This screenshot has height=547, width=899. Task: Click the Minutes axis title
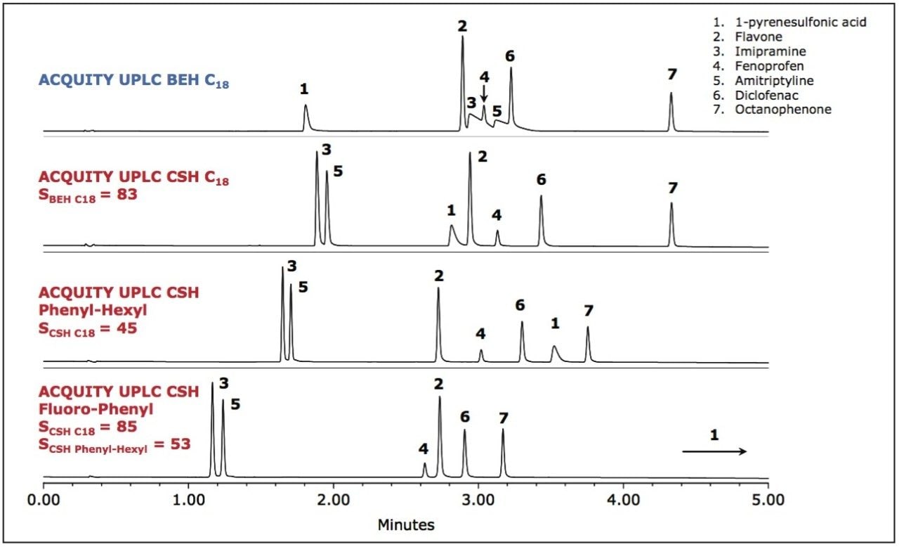tap(405, 525)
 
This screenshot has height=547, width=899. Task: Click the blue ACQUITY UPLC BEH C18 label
tap(133, 81)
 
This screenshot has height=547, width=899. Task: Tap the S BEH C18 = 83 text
tap(88, 195)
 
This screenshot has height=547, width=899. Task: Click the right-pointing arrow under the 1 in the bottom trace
tap(714, 451)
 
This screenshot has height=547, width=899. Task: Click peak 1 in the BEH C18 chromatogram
tap(306, 116)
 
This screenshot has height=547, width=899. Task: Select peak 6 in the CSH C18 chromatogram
tap(541, 218)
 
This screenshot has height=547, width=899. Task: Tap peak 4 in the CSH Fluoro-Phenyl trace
tap(424, 469)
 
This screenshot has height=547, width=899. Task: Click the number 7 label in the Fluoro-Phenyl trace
tap(503, 418)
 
